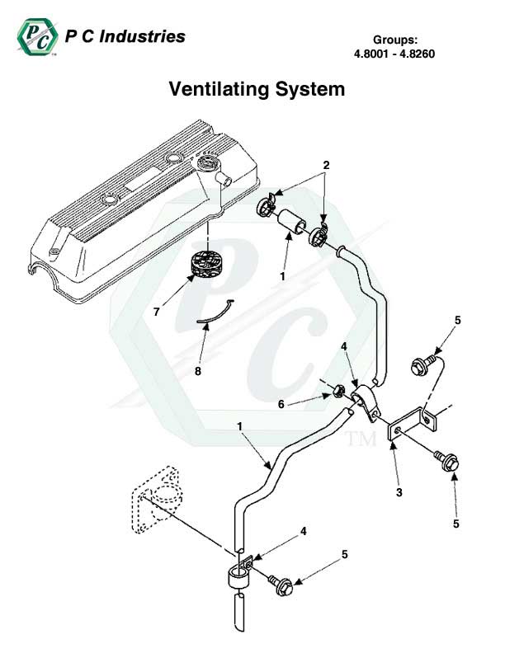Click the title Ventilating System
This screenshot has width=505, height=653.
coord(257,88)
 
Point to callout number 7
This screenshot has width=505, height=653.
coord(155,311)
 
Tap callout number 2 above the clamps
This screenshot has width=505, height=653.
coord(326,165)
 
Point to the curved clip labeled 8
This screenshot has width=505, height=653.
coord(216,312)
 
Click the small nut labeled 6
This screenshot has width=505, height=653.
coord(339,389)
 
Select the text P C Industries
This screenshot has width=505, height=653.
coord(124,36)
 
